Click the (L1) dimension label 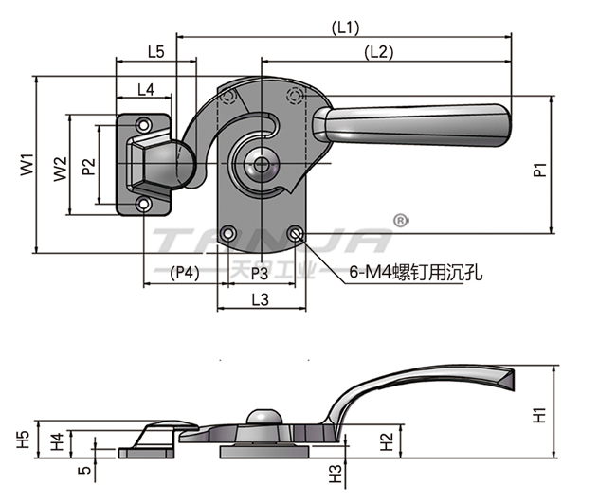point(346,28)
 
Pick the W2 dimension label point(59,168)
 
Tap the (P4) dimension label point(185,273)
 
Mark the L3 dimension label point(261,300)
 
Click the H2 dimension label point(386,440)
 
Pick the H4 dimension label point(57,440)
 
